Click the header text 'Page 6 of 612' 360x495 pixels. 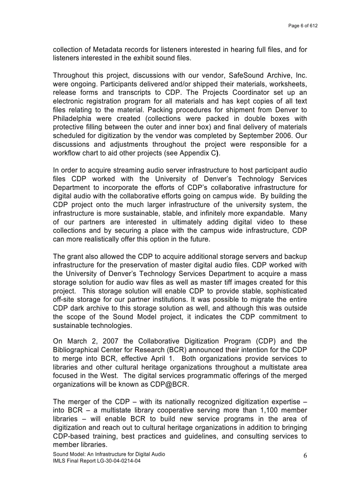303,26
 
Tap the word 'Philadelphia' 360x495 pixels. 72,118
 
